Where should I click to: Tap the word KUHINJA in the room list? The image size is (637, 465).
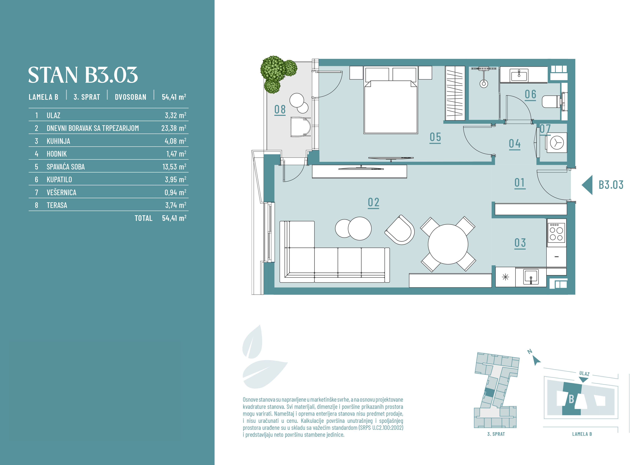(58, 141)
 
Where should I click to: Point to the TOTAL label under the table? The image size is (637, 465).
(143, 218)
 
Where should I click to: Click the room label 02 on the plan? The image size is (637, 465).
(373, 202)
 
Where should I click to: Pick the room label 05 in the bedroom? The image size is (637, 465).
(435, 137)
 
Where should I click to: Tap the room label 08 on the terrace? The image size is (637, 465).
(280, 109)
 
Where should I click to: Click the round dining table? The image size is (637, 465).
(448, 244)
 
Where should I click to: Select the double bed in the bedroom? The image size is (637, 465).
(390, 100)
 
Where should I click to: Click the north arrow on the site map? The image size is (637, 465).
(536, 360)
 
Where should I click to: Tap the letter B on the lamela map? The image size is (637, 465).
(571, 399)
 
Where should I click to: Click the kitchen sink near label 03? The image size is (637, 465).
(531, 277)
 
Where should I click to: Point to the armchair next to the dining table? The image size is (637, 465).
(400, 230)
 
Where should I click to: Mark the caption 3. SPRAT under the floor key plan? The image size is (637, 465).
(496, 434)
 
